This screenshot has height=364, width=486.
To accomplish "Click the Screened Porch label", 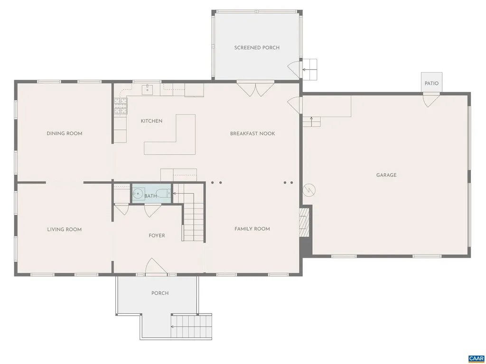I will pyautogui.click(x=257, y=47).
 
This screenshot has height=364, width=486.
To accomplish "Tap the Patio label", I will pyautogui.click(x=431, y=83).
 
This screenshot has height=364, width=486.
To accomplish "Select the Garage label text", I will pyautogui.click(x=386, y=175).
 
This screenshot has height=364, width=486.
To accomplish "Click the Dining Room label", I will pyautogui.click(x=64, y=133).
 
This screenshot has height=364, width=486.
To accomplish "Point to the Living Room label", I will pyautogui.click(x=64, y=229).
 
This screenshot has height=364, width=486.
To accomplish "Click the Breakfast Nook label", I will pyautogui.click(x=252, y=134).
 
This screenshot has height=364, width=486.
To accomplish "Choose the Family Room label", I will pyautogui.click(x=252, y=229).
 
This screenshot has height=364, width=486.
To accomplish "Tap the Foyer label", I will pyautogui.click(x=157, y=236).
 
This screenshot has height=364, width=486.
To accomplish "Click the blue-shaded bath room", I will pyautogui.click(x=151, y=194).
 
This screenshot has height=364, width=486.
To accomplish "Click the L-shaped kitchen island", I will pyautogui.click(x=176, y=137).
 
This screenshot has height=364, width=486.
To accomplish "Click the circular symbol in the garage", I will pyautogui.click(x=309, y=190).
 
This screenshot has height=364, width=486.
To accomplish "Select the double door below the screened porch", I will pyautogui.click(x=255, y=89).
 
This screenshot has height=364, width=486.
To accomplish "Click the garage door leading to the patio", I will pyautogui.click(x=431, y=99).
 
